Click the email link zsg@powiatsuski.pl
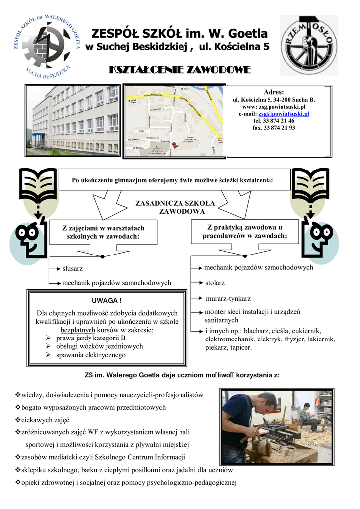pos(283,114)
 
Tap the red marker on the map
pos(174,145)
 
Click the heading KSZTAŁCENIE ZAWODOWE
pos(180,70)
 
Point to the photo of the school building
pos(73,120)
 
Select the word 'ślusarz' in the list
pos(73,268)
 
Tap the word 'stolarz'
pos(215,283)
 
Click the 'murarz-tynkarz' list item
pos(228,299)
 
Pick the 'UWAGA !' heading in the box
pos(107,301)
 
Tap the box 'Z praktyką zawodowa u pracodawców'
pos(245,231)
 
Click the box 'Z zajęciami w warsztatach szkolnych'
pos(103,232)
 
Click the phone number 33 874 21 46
pos(274,121)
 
